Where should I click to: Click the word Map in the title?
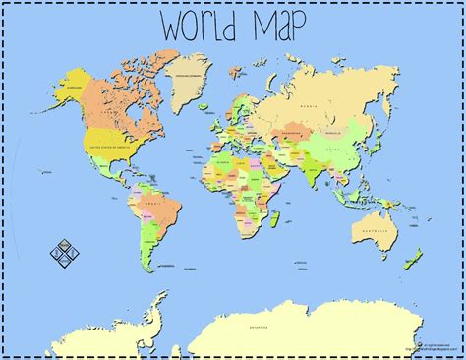click(x=278, y=26)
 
